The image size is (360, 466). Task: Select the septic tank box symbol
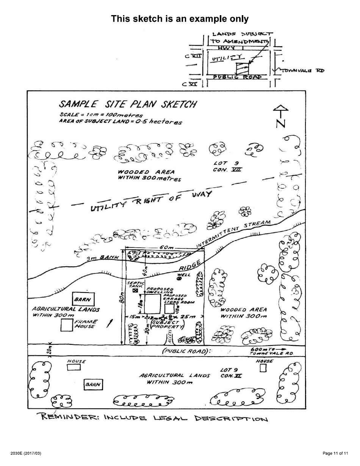click(135, 291)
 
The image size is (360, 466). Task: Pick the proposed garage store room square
click(169, 309)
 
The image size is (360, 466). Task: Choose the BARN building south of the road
click(93, 384)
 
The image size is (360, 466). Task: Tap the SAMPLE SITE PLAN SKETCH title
click(128, 104)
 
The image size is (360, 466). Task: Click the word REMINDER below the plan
click(68, 418)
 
